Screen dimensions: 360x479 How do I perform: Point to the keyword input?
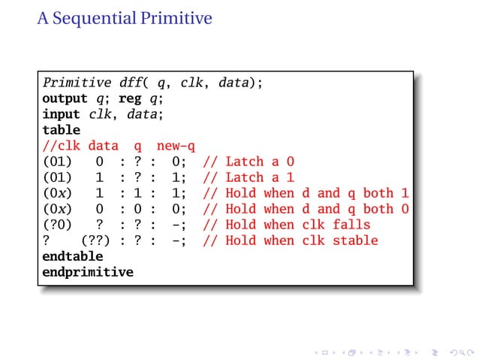[x=61, y=114]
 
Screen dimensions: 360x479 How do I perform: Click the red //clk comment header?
[x=61, y=146]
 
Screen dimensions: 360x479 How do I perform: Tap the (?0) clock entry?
[x=57, y=225]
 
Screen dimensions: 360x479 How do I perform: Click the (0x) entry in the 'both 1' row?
[x=57, y=193]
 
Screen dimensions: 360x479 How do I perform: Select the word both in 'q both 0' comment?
[x=378, y=209]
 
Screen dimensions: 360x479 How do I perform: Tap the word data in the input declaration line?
[x=144, y=114]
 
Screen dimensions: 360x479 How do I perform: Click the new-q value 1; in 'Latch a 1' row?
[x=179, y=177]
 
